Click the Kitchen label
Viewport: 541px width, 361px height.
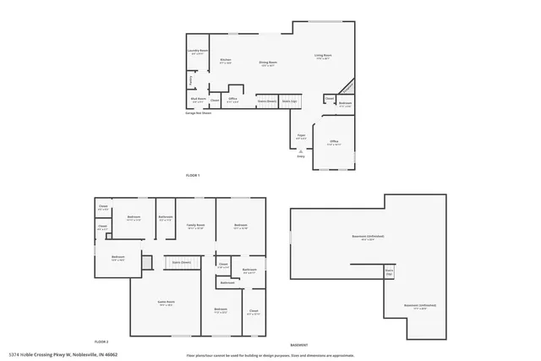(226, 61)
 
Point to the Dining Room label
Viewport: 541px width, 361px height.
(269, 62)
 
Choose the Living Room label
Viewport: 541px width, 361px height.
(323, 57)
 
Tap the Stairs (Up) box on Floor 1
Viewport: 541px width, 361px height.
(289, 101)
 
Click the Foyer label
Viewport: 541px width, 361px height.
(300, 135)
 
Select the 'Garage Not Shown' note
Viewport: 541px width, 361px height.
(198, 112)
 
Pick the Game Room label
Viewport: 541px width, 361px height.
(165, 302)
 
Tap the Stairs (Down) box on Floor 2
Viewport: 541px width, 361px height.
(181, 263)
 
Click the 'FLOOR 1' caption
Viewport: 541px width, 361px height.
(192, 175)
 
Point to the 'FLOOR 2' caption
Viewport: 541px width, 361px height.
(102, 340)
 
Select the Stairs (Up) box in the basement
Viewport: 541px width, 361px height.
(390, 273)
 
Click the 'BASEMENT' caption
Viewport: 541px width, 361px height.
(298, 345)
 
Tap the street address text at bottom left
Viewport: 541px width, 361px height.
(63, 355)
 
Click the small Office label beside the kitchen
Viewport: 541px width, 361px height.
(232, 100)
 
